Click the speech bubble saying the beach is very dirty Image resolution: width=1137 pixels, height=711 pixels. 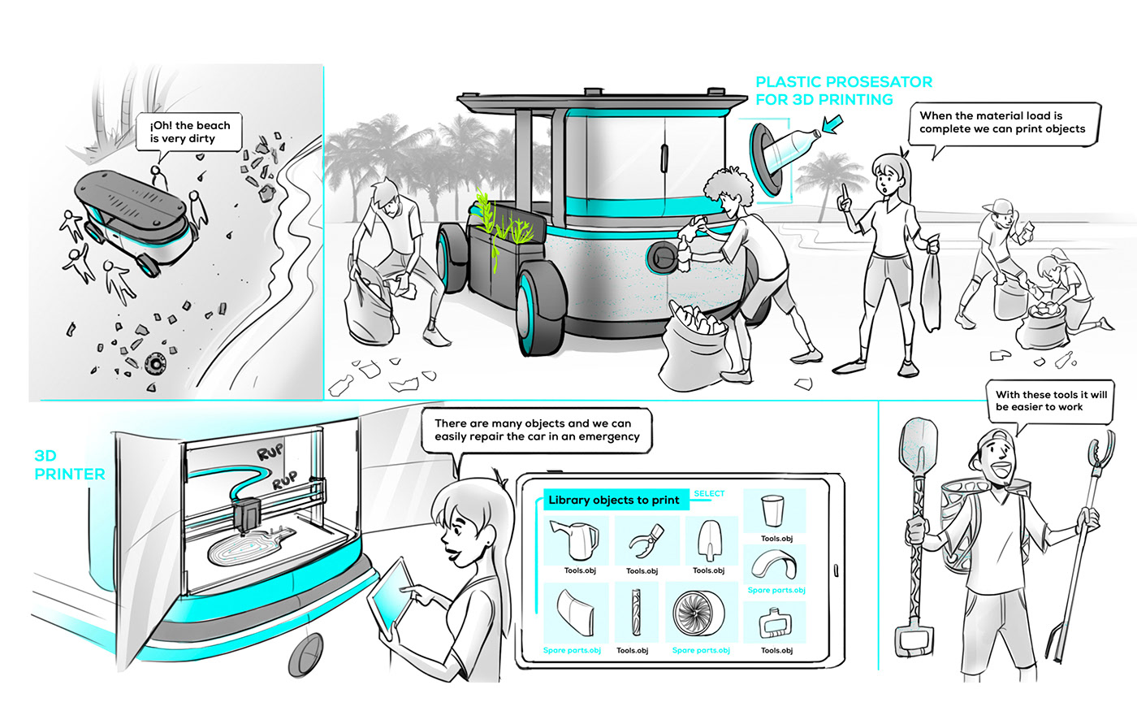point(190,132)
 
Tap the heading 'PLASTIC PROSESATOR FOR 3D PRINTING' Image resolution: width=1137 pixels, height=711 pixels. point(843,91)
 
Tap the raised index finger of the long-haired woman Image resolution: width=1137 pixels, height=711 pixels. point(845,192)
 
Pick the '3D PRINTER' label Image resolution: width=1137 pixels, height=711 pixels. point(69,465)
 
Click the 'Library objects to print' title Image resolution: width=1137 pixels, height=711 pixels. point(613,501)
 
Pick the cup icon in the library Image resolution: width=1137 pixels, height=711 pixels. point(772,511)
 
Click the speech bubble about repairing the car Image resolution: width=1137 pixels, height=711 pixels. point(536,430)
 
